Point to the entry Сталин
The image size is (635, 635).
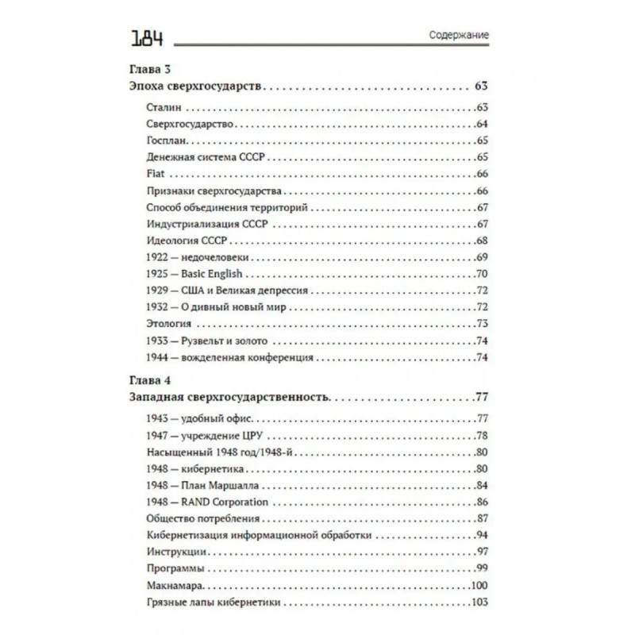click(x=164, y=106)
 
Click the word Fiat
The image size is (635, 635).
click(x=156, y=173)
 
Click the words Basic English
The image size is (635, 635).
click(x=212, y=274)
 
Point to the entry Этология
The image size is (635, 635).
click(x=171, y=324)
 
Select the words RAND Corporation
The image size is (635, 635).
click(x=225, y=502)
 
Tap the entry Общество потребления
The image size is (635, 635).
click(x=198, y=519)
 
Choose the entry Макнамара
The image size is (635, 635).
click(x=176, y=586)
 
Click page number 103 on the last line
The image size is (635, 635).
click(x=478, y=603)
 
